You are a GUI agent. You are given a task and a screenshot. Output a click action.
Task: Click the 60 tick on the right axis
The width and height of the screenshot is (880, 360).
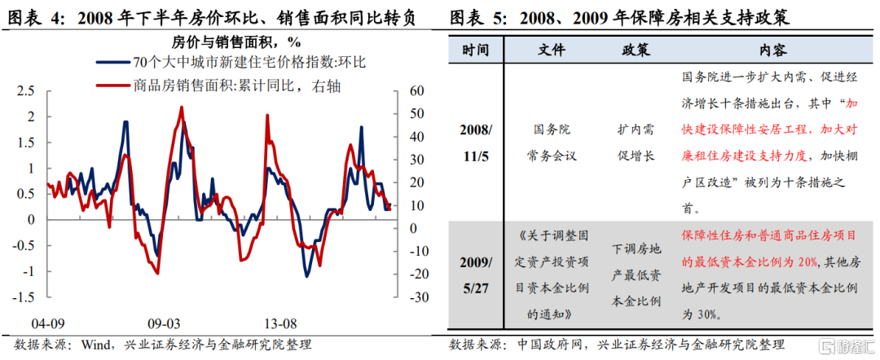[x=416, y=91]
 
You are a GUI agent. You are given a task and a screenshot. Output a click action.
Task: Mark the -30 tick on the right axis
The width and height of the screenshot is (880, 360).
[x=418, y=298]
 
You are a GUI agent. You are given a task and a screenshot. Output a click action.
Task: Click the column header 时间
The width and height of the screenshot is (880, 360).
[x=477, y=50]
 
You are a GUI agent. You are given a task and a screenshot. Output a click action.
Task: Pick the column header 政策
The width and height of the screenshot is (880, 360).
[x=635, y=50]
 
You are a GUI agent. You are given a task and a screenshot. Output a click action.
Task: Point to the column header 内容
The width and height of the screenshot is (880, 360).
[x=772, y=50]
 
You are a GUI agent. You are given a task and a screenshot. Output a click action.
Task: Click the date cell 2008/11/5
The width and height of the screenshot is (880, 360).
[x=477, y=142]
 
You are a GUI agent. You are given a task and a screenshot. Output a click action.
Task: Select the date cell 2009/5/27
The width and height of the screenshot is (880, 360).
[x=477, y=274]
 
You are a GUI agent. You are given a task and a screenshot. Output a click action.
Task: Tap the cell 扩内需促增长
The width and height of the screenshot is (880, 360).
[x=635, y=142]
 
